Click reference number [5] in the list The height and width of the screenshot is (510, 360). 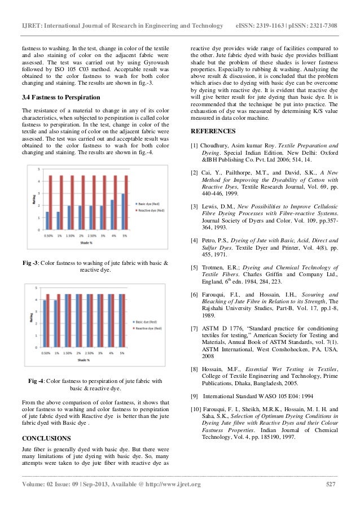tap(195, 267)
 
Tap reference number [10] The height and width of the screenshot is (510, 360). tap(196, 409)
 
